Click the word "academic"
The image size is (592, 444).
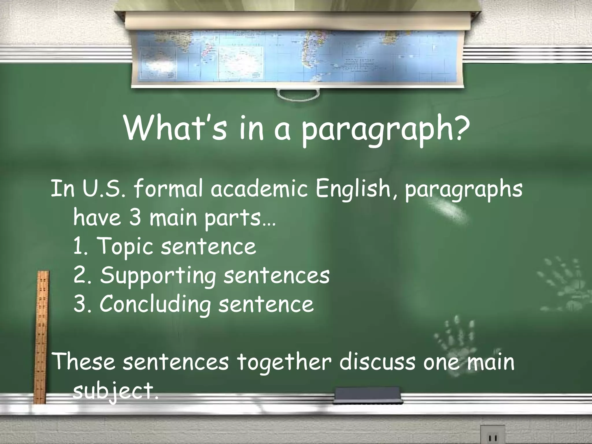pyautogui.click(x=259, y=189)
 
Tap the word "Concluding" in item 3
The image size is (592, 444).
pyautogui.click(x=155, y=304)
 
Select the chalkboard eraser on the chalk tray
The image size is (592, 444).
pyautogui.click(x=367, y=395)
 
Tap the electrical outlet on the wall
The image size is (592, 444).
pyautogui.click(x=493, y=435)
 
